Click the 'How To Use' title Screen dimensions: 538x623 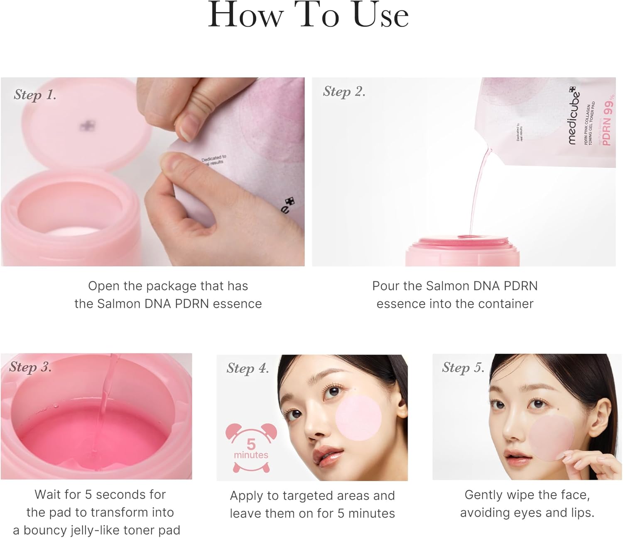[308, 16]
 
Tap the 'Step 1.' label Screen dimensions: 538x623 [35, 95]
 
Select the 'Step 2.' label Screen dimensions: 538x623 [344, 92]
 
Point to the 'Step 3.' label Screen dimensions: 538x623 [30, 367]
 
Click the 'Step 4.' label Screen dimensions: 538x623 [248, 368]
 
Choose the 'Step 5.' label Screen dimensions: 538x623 [463, 367]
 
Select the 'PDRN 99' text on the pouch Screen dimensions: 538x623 [608, 122]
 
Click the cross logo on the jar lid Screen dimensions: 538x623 [87, 126]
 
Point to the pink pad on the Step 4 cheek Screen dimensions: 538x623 [358, 417]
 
